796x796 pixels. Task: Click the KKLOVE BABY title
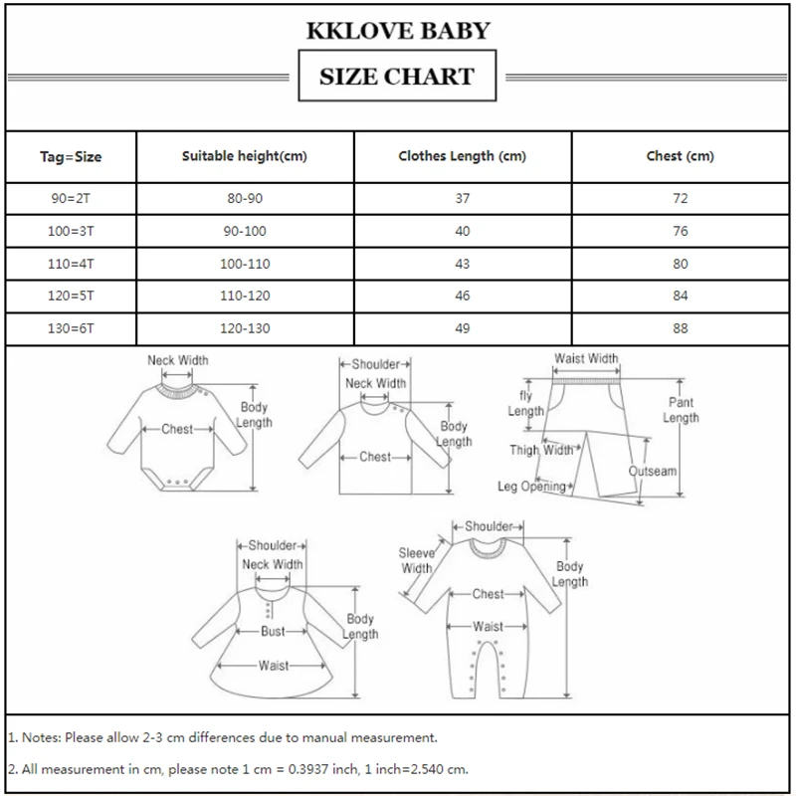[x=398, y=31]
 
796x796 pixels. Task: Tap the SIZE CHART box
[x=397, y=76]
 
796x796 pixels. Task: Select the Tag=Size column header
[x=71, y=156]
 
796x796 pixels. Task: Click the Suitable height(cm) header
[x=245, y=156]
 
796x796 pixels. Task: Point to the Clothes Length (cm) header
[x=463, y=156]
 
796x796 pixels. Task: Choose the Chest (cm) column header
[x=681, y=156]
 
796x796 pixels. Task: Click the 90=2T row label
[x=71, y=199]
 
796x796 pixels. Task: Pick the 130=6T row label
[x=71, y=327]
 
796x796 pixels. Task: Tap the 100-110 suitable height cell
[x=245, y=264]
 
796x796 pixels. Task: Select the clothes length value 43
[x=463, y=264]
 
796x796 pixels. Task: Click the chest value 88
[x=681, y=327]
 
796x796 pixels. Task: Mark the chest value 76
[x=681, y=232]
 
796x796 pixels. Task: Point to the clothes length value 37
[x=463, y=199]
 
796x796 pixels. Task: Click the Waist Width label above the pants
[x=587, y=359]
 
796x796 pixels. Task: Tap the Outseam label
[x=653, y=472]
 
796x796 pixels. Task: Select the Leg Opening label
[x=531, y=487]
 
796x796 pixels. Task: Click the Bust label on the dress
[x=273, y=631]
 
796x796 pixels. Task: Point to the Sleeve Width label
[x=416, y=560]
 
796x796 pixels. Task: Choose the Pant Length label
[x=681, y=410]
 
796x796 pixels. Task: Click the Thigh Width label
[x=541, y=450]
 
